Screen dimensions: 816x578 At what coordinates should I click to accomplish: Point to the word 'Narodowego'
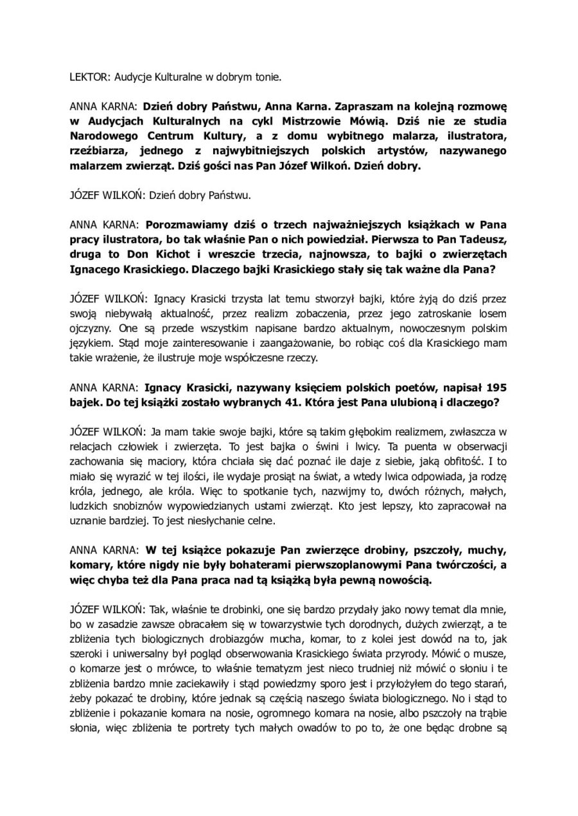point(102,135)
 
